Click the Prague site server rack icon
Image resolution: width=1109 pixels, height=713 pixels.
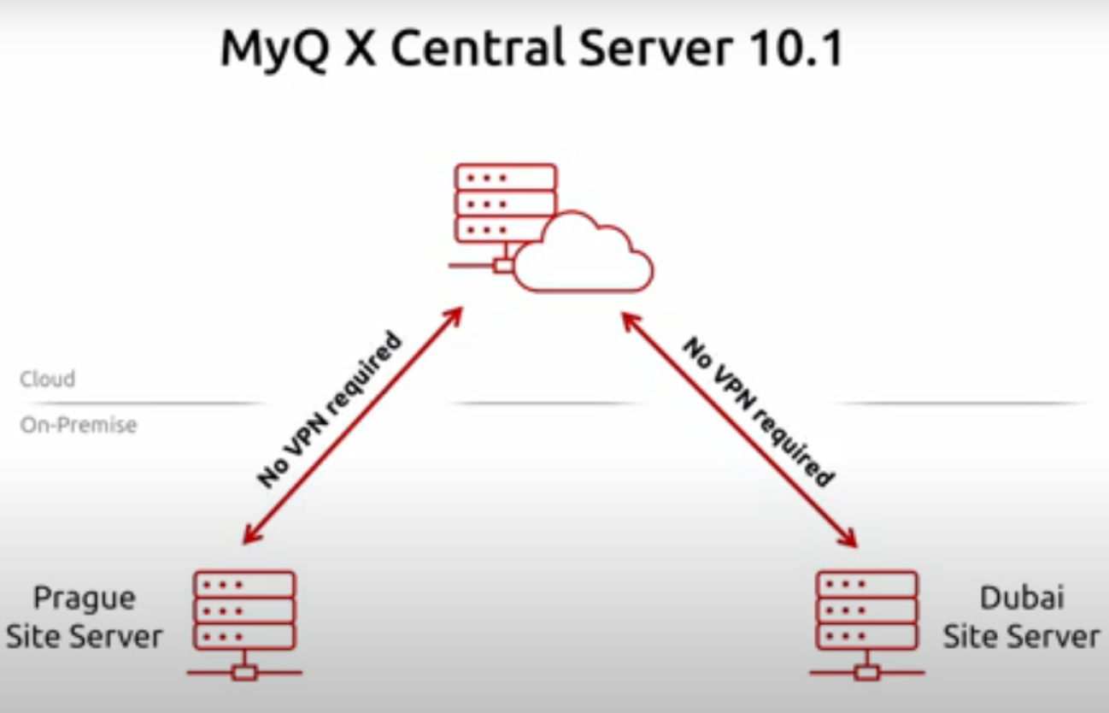point(244,612)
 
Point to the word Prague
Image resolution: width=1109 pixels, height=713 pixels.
point(84,599)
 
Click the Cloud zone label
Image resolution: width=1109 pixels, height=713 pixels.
point(48,378)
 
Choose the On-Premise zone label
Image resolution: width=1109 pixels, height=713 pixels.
point(79,425)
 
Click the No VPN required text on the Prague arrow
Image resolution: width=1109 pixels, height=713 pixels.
point(330,410)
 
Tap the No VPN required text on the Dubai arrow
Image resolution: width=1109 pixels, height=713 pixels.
point(757,410)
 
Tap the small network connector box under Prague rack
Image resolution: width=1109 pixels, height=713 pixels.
point(244,673)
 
